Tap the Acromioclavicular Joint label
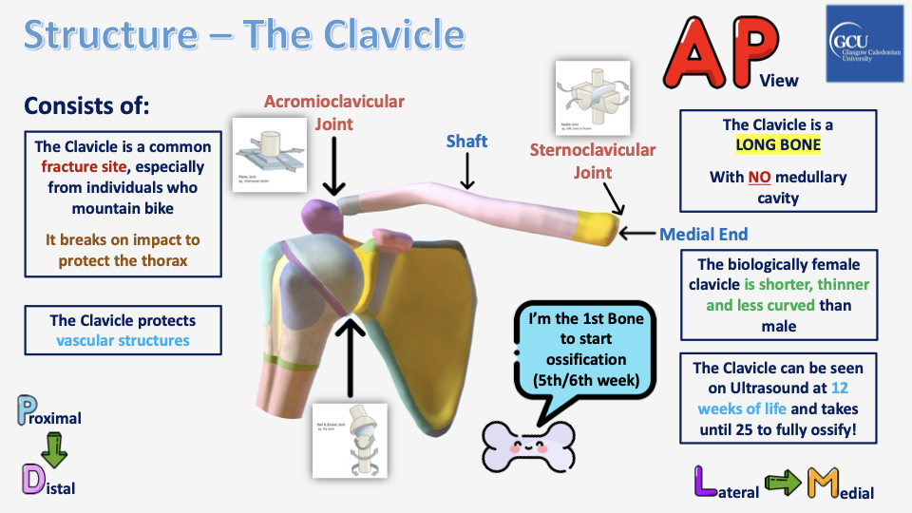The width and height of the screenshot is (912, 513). pos(333,112)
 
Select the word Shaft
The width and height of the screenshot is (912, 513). pos(466,142)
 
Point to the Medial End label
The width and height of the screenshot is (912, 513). pos(703,234)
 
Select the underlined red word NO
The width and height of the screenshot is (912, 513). pos(758,177)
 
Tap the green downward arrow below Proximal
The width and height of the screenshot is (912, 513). pos(53,448)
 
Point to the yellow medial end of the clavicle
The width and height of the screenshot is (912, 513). pos(598,225)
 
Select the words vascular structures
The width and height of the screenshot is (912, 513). pos(123,340)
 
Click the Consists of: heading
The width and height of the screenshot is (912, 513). pos(87,104)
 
